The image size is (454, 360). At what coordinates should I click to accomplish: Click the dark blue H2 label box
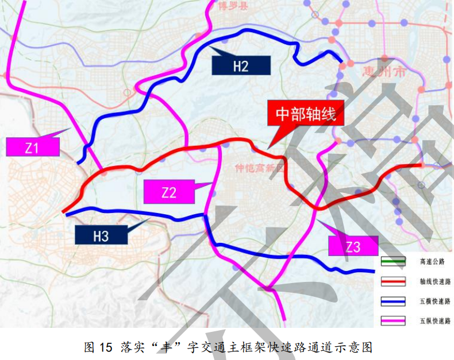tap(241, 65)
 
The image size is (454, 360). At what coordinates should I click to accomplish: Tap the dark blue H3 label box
tap(101, 235)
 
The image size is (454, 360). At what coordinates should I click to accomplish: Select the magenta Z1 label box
tap(32, 148)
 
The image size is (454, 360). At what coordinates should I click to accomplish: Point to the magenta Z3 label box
tap(352, 246)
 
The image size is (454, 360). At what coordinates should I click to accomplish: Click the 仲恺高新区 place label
tap(259, 168)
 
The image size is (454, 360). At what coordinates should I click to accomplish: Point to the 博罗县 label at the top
tap(231, 6)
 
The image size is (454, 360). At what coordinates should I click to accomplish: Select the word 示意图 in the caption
tap(358, 347)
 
